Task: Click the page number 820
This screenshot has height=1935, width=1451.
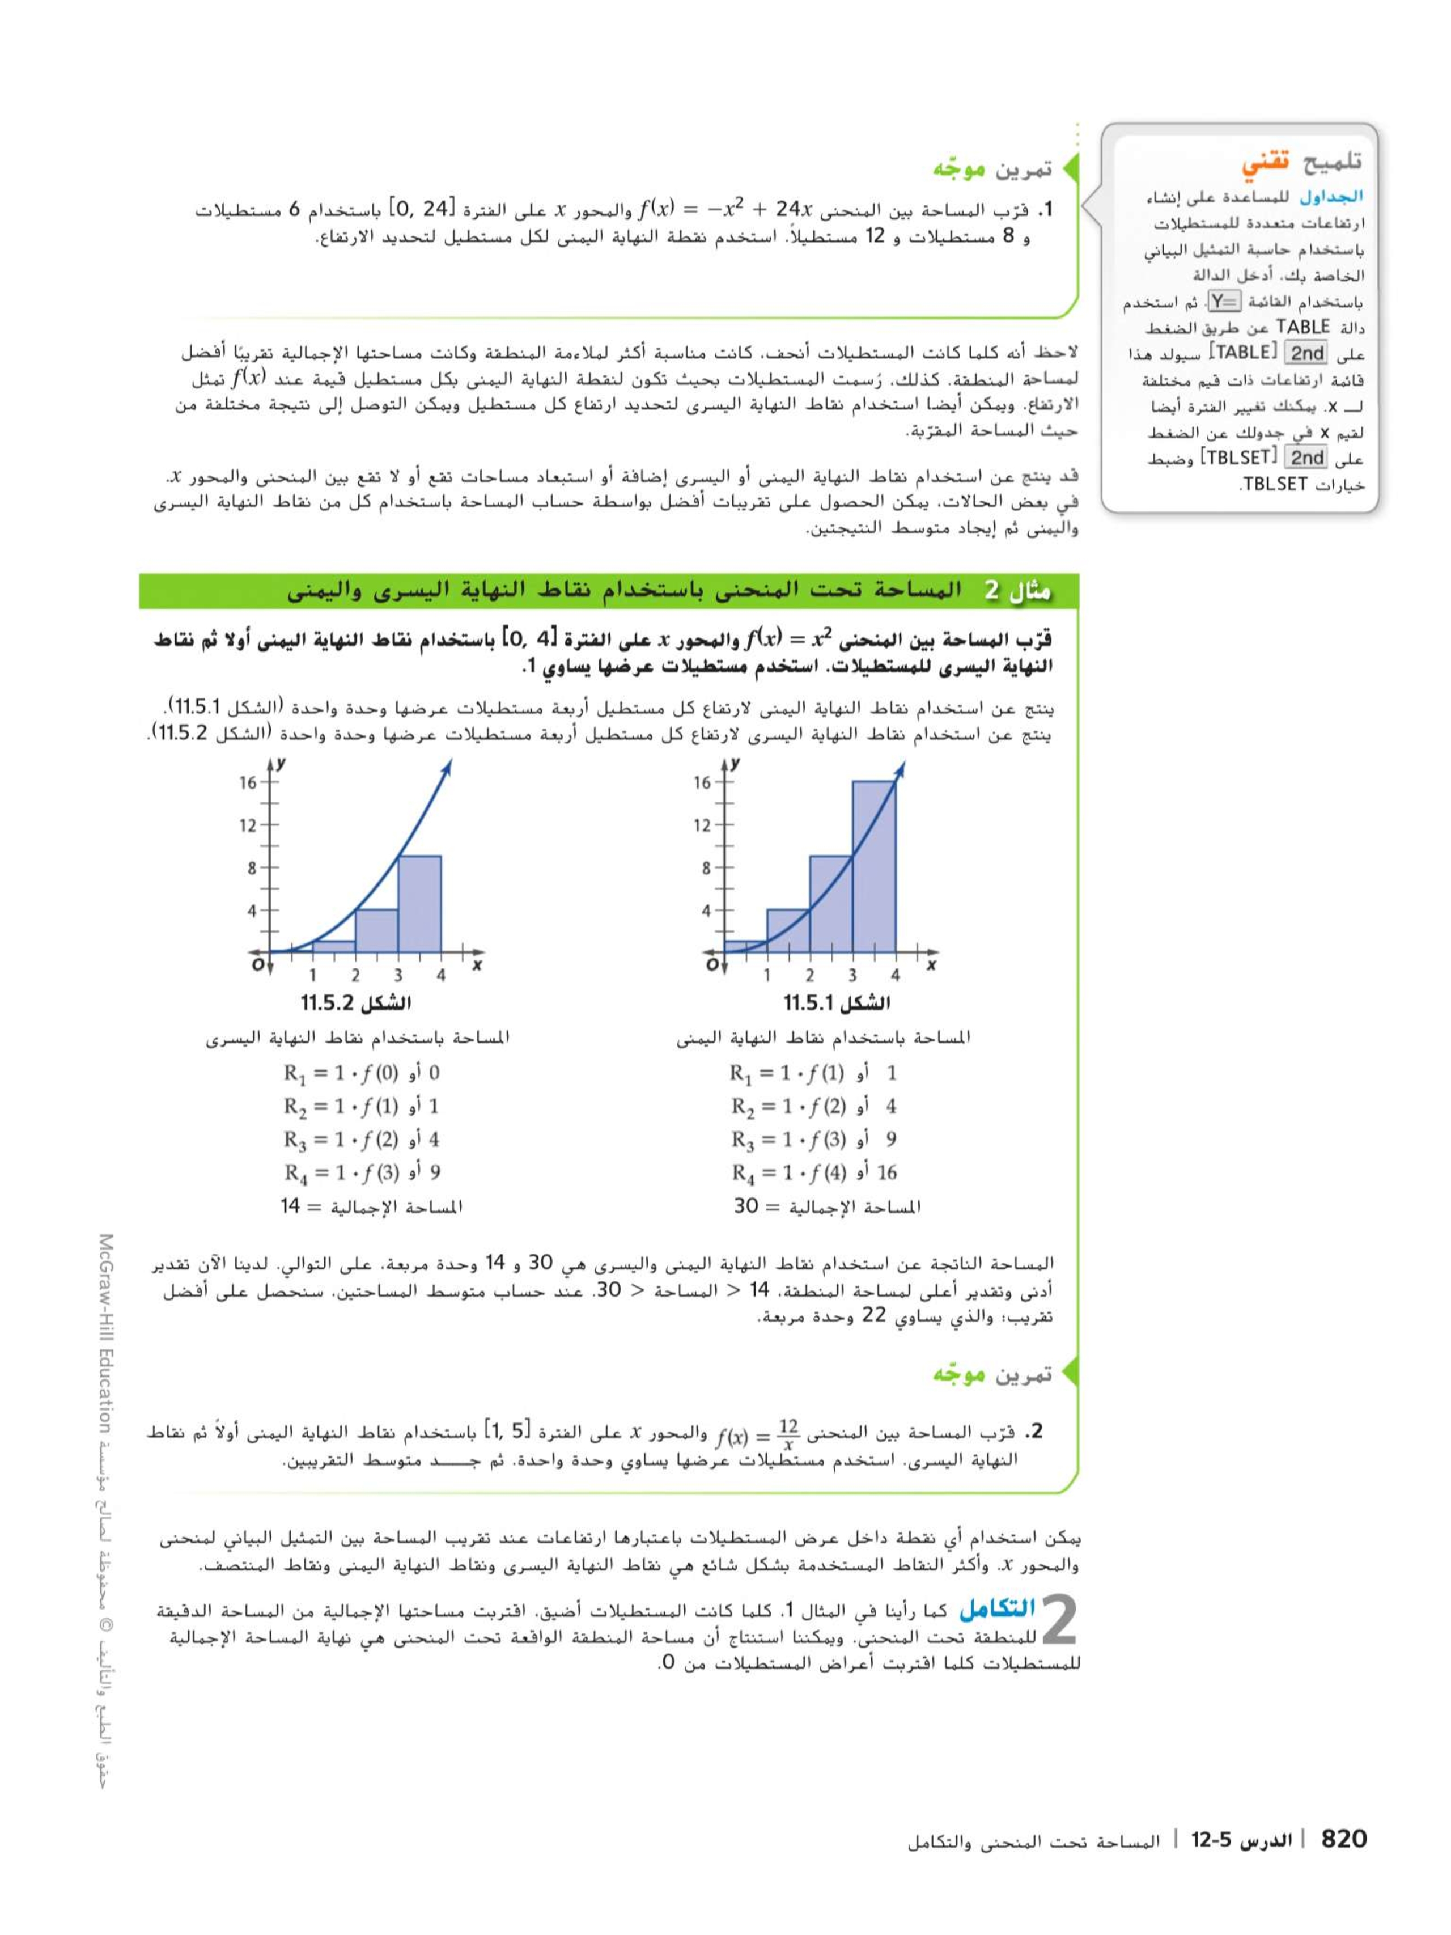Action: coord(1343,1838)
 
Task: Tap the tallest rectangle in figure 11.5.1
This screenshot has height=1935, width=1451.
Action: coord(873,866)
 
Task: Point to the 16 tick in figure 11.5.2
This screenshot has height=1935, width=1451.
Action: coord(248,782)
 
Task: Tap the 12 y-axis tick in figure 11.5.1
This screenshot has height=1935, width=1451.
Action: coord(702,825)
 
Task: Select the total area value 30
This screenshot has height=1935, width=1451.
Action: coord(745,1206)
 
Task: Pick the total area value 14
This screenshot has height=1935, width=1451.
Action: coord(290,1206)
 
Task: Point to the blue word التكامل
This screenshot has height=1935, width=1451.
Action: coord(997,1608)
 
